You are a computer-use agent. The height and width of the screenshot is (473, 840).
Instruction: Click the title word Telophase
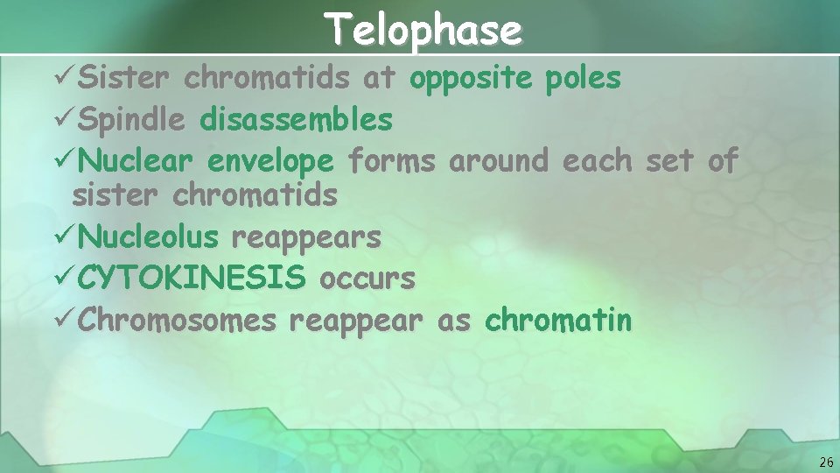[x=424, y=30]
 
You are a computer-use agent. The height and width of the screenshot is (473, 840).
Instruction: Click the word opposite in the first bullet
[x=469, y=79]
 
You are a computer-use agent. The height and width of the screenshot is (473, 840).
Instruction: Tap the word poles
[x=583, y=79]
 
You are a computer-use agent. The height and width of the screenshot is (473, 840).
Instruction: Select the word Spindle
[x=131, y=119]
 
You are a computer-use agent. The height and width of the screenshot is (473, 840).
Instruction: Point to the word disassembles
[x=296, y=119]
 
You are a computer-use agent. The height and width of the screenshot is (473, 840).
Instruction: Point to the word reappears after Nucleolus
[x=305, y=237]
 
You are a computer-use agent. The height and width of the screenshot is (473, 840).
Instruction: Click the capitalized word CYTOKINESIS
[x=192, y=279]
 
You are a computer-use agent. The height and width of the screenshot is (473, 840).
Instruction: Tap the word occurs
[x=367, y=279]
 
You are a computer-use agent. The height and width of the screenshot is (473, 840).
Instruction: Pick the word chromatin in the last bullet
[x=557, y=321]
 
